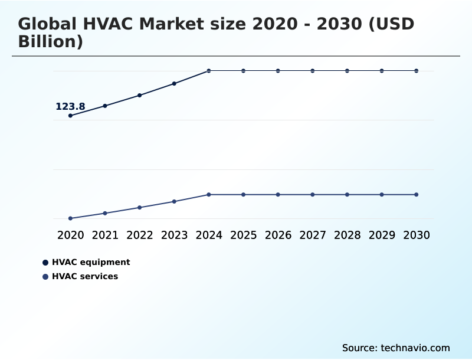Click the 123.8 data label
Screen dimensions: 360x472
[70, 107]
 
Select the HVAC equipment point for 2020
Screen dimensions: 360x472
[70, 116]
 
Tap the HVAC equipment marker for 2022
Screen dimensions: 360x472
[140, 95]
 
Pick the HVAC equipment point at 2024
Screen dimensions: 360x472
[209, 71]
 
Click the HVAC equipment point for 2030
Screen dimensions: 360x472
[417, 71]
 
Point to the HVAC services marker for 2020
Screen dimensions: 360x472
[70, 218]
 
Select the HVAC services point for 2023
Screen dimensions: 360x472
[174, 202]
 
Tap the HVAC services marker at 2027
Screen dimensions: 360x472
[313, 195]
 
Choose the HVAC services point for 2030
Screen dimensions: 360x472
[417, 195]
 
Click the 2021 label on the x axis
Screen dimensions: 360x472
[105, 235]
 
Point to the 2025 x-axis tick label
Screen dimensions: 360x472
[243, 235]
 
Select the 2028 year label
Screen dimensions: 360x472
[347, 235]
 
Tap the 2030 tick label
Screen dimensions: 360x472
[417, 235]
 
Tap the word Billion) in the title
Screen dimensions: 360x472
[51, 42]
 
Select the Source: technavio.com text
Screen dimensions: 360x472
[396, 348]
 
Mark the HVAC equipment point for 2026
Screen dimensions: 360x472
[278, 71]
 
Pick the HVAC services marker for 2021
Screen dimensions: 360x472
[105, 213]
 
